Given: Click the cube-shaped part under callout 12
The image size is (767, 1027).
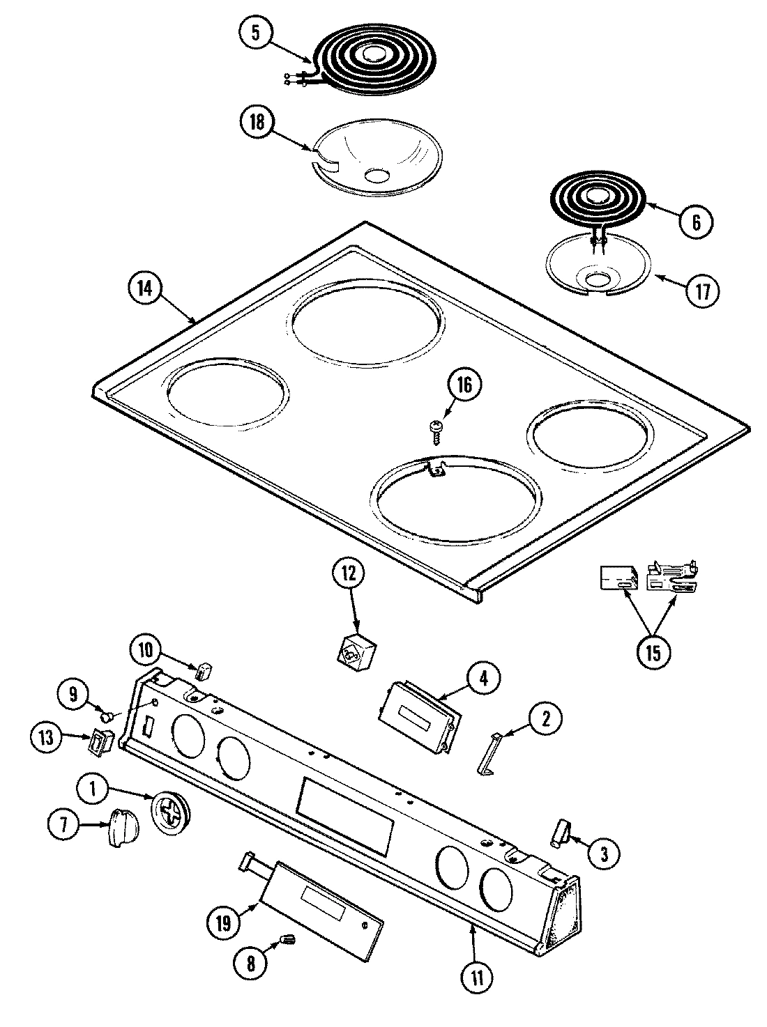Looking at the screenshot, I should coord(354,653).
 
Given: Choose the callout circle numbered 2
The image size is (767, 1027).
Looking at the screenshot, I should coord(545,718).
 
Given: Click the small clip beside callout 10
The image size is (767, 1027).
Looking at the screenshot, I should coord(202,671).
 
